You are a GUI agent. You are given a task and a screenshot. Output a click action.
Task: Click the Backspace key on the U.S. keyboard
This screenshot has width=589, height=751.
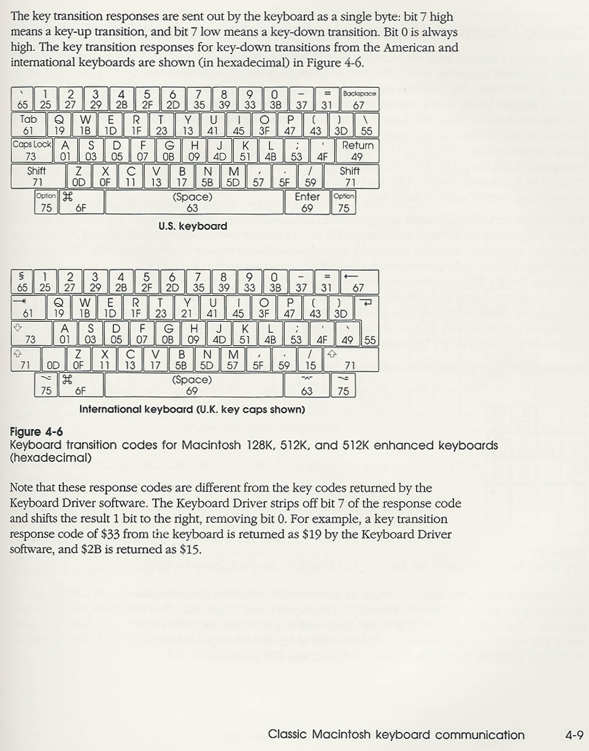click(x=359, y=99)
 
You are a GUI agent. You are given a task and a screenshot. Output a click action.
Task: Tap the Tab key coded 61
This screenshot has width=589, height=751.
click(x=28, y=125)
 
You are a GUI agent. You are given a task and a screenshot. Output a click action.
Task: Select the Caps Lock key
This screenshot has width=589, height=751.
click(x=31, y=150)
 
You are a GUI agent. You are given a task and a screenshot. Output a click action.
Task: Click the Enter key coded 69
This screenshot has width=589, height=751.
click(x=307, y=202)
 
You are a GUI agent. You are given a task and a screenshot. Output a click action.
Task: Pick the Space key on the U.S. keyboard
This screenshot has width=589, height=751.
click(x=192, y=202)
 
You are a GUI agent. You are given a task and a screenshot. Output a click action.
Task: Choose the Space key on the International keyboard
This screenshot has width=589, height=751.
click(x=192, y=385)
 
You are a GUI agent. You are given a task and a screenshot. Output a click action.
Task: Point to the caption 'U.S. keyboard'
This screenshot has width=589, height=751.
click(x=192, y=226)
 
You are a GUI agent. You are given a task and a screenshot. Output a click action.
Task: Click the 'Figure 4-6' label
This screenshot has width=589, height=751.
click(x=36, y=432)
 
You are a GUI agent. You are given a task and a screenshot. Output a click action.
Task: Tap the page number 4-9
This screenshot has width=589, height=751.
click(x=574, y=734)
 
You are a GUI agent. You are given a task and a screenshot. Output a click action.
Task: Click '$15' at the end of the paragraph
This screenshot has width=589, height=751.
click(x=191, y=549)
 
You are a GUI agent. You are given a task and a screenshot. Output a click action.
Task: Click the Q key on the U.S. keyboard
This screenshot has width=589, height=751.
click(x=59, y=125)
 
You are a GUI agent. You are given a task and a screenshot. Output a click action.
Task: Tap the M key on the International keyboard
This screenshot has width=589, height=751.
click(x=233, y=359)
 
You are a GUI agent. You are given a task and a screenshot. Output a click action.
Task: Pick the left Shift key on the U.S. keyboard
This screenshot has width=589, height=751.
click(x=37, y=176)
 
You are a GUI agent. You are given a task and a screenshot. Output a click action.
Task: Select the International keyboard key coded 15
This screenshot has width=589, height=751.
click(x=311, y=359)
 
